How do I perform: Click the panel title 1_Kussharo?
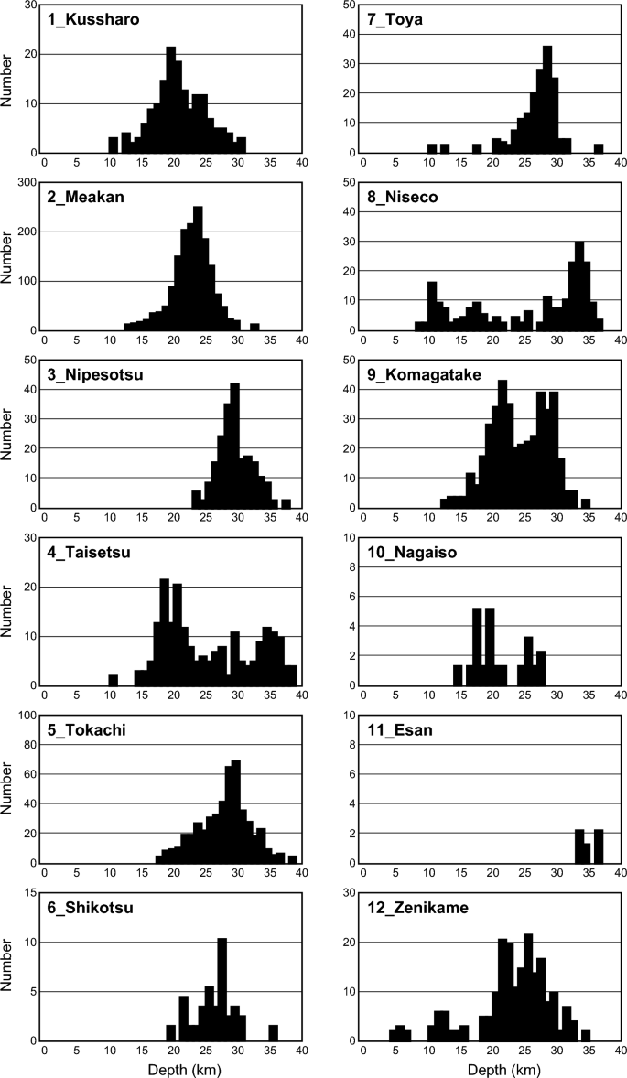point(89,19)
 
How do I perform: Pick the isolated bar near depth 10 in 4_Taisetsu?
point(114,680)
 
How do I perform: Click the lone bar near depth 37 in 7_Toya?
point(599,148)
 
